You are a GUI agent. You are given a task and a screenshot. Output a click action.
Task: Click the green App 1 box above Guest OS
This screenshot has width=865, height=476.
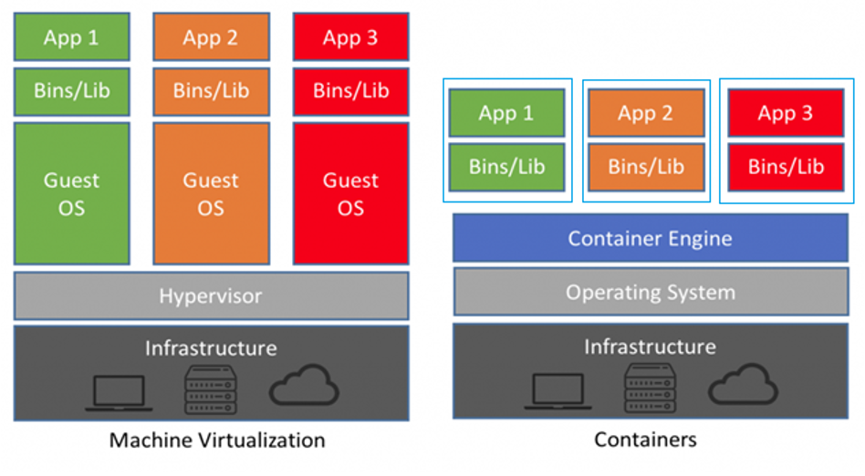click(71, 37)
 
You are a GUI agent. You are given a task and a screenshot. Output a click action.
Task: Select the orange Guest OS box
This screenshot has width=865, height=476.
click(211, 193)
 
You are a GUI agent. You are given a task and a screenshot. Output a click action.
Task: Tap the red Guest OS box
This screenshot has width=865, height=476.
click(350, 193)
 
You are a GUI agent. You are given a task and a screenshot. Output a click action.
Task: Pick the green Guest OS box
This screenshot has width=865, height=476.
click(71, 193)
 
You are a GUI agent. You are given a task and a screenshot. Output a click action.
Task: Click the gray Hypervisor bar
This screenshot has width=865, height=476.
click(211, 296)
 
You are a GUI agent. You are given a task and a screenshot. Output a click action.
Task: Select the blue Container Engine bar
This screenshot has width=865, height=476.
click(650, 239)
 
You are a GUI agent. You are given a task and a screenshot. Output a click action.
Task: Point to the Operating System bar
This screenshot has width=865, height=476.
click(650, 293)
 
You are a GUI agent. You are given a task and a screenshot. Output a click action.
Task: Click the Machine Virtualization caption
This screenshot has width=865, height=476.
click(217, 440)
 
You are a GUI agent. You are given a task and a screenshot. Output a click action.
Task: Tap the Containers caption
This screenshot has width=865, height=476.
click(645, 440)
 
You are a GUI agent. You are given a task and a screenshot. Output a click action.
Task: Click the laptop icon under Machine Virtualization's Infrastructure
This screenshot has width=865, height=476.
click(119, 389)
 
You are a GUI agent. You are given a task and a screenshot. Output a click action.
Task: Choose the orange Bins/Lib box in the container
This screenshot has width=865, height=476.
click(646, 167)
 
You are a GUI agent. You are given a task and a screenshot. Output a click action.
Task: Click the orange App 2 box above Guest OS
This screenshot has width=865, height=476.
click(211, 37)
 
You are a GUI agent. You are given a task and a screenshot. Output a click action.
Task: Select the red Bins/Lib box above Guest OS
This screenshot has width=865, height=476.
click(350, 90)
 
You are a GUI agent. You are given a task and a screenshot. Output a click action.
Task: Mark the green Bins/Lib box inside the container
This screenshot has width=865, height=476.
click(506, 167)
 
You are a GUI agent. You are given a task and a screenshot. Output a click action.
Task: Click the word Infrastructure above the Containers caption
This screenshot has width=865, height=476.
click(650, 347)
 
